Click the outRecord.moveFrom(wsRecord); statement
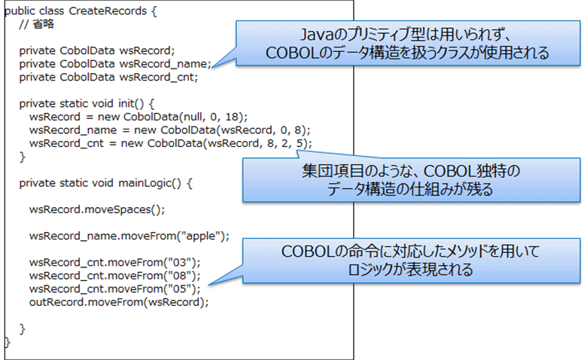click(118, 301)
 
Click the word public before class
click(20, 11)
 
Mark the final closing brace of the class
click(8, 341)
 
